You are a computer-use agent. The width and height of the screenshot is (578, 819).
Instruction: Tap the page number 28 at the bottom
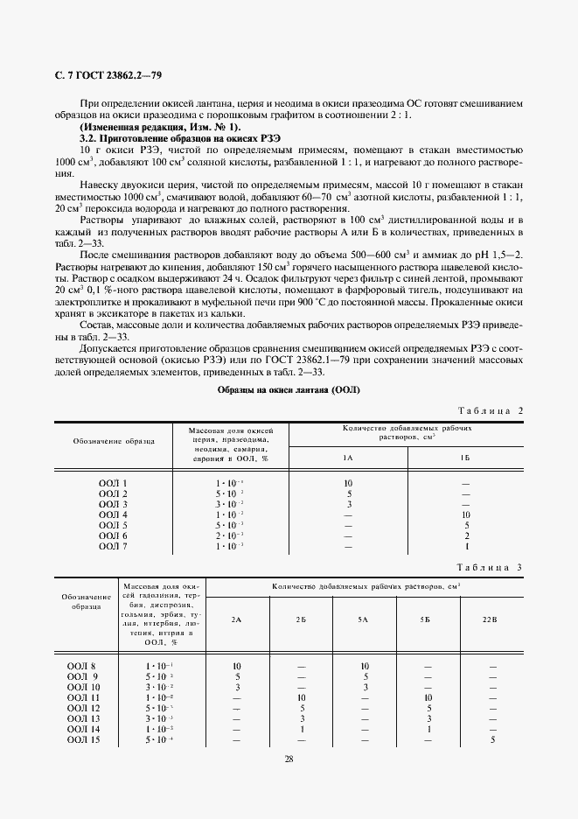point(289,758)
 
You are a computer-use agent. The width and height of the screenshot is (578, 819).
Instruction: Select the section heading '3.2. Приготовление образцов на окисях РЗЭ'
point(168,138)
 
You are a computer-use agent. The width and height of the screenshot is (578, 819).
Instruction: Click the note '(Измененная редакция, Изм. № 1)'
point(146,127)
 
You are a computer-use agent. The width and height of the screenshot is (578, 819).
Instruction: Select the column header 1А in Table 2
point(347,458)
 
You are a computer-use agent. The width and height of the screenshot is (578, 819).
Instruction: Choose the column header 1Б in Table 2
point(465,458)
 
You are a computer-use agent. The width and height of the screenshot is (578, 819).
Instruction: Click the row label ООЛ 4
point(113,514)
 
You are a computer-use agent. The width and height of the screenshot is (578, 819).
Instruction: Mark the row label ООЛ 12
point(84,707)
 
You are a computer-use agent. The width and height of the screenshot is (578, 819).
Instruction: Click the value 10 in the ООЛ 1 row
point(347,483)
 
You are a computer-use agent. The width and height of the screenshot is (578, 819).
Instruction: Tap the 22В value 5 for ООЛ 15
point(492,738)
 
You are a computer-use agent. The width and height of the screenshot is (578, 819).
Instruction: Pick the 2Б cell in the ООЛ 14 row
point(301,728)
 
